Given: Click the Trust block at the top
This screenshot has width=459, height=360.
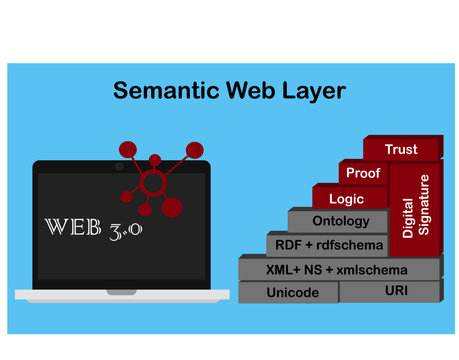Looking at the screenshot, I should pyautogui.click(x=401, y=149).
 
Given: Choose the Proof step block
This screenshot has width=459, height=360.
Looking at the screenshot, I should pyautogui.click(x=362, y=173).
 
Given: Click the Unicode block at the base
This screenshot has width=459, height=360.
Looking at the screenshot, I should pyautogui.click(x=292, y=292).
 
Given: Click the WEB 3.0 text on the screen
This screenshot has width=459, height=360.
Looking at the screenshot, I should pyautogui.click(x=95, y=228).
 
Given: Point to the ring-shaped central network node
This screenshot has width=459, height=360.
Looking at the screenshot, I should pyautogui.click(x=153, y=184).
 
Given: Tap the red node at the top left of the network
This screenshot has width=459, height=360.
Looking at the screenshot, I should pyautogui.click(x=127, y=151).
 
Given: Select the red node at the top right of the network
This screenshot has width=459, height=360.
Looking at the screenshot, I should pyautogui.click(x=194, y=149).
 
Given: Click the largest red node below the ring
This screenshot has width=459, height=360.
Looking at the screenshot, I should pyautogui.click(x=171, y=208).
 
